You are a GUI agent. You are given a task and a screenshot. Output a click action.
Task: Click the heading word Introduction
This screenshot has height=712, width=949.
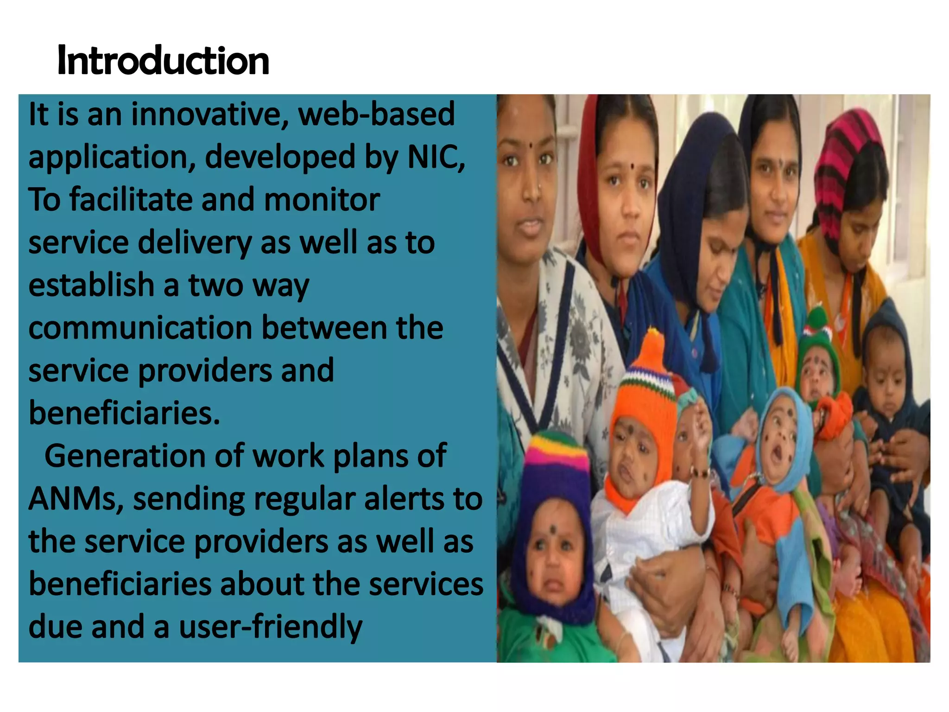click(163, 61)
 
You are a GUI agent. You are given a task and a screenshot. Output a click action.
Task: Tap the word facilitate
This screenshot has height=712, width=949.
click(131, 200)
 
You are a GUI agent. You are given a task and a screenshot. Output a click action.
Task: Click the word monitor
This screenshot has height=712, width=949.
click(322, 200)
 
